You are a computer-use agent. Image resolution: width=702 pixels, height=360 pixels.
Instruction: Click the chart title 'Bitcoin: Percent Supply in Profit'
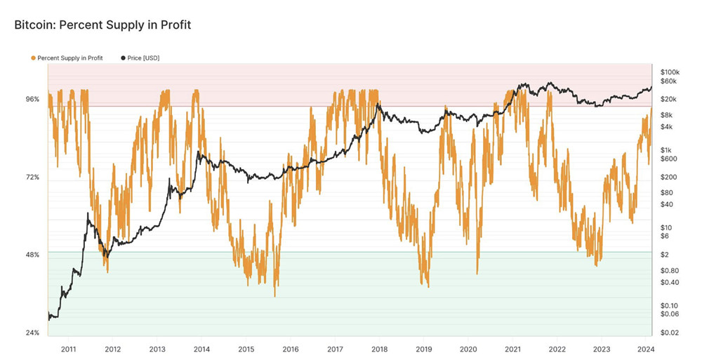click(102, 25)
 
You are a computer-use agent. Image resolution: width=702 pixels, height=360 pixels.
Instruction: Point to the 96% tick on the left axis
click(32, 100)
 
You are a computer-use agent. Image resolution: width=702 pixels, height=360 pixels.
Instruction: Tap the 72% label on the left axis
click(32, 178)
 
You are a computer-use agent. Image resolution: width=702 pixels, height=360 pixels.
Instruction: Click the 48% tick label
click(32, 255)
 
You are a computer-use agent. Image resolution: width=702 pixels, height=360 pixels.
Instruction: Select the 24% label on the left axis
click(32, 333)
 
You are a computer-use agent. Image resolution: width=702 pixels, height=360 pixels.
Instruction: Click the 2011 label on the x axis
click(69, 349)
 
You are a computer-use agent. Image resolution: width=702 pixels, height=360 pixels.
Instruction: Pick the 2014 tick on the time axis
click(201, 349)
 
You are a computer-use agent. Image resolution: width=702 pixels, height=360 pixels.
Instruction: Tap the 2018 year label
click(379, 349)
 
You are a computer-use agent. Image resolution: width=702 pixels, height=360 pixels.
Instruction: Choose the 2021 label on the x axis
click(512, 349)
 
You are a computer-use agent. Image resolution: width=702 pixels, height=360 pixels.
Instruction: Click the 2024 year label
click(646, 349)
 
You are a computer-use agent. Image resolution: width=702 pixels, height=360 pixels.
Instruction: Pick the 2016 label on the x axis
click(291, 349)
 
